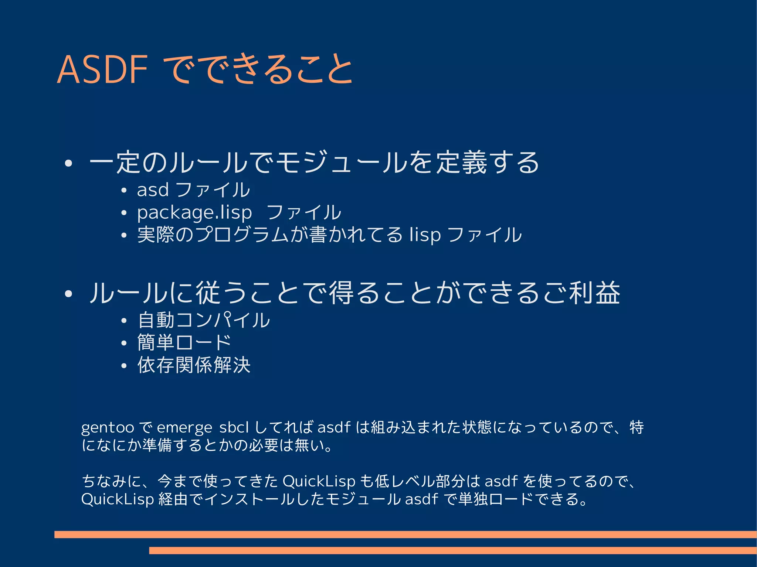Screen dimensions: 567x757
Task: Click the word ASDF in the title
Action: (102, 69)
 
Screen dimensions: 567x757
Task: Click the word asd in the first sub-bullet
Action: (153, 190)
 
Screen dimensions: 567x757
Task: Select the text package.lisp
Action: (194, 212)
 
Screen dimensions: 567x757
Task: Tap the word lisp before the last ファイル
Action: (425, 235)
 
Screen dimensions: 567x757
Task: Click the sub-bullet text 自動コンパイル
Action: (204, 320)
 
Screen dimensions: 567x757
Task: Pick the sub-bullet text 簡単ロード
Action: (184, 342)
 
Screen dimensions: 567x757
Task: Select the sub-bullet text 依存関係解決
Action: (194, 365)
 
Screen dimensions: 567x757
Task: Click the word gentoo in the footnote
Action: (107, 428)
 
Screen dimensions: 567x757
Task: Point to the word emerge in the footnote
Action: (184, 428)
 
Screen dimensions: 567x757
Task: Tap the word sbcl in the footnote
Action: (234, 427)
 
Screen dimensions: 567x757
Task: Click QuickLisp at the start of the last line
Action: (117, 499)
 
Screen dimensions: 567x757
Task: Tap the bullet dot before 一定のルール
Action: (68, 163)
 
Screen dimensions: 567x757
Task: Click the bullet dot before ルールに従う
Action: (68, 294)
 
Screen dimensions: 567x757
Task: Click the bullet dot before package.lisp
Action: (124, 213)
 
